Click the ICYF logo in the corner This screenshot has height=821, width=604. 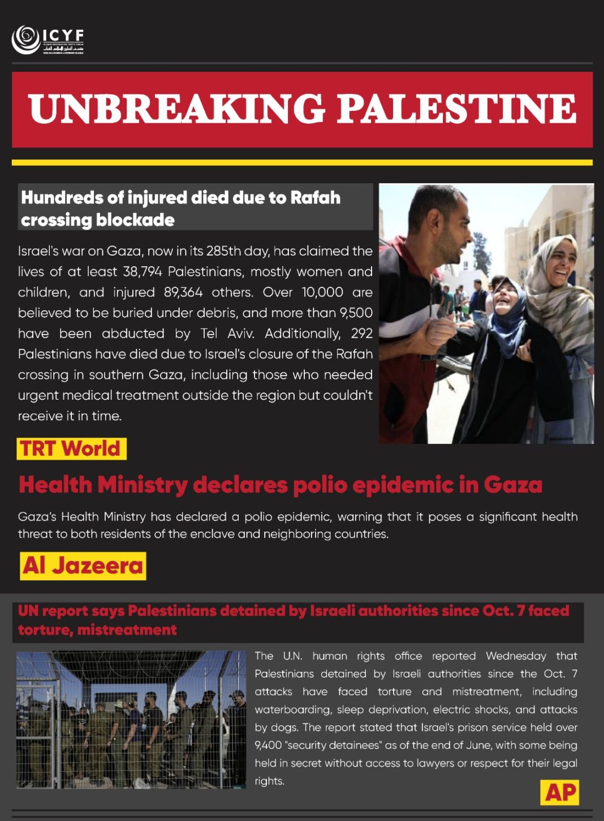(48, 40)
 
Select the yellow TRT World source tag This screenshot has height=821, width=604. (71, 449)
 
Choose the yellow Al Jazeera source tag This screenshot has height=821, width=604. (83, 566)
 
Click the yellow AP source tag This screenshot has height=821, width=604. (560, 793)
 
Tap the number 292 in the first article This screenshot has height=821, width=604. (361, 334)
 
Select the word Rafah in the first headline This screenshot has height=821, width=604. (315, 198)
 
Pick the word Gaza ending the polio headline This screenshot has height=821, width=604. (512, 485)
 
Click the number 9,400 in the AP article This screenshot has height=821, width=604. (268, 745)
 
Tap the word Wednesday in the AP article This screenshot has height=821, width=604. (516, 656)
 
